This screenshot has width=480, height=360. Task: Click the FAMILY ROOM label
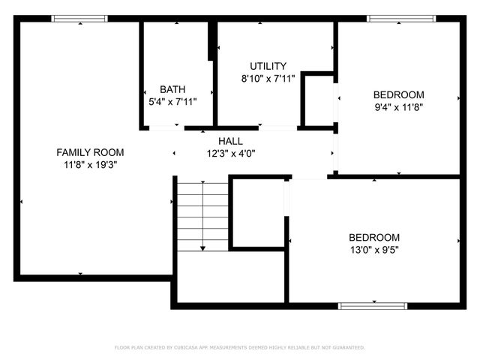pyautogui.click(x=90, y=152)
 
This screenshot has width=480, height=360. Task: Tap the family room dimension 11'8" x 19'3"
pyautogui.click(x=90, y=164)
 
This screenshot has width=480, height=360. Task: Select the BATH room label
pyautogui.click(x=172, y=89)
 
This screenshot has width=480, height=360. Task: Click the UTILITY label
pyautogui.click(x=268, y=66)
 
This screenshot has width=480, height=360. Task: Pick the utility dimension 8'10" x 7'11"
pyautogui.click(x=268, y=78)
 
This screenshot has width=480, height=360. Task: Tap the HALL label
pyautogui.click(x=230, y=141)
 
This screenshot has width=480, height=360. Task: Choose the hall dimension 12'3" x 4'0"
pyautogui.click(x=230, y=153)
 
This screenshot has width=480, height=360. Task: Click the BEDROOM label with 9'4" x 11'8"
pyautogui.click(x=398, y=94)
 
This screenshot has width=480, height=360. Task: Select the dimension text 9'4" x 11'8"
pyautogui.click(x=398, y=106)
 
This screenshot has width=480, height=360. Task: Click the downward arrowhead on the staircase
pyautogui.click(x=202, y=247)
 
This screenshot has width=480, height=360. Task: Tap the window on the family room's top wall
pyautogui.click(x=80, y=19)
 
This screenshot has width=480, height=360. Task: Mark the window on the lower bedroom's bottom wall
pyautogui.click(x=372, y=305)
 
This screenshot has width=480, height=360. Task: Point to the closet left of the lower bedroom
pyautogui.click(x=257, y=212)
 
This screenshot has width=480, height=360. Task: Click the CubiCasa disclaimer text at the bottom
pyautogui.click(x=239, y=347)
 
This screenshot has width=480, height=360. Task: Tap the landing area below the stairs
pyautogui.click(x=230, y=277)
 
